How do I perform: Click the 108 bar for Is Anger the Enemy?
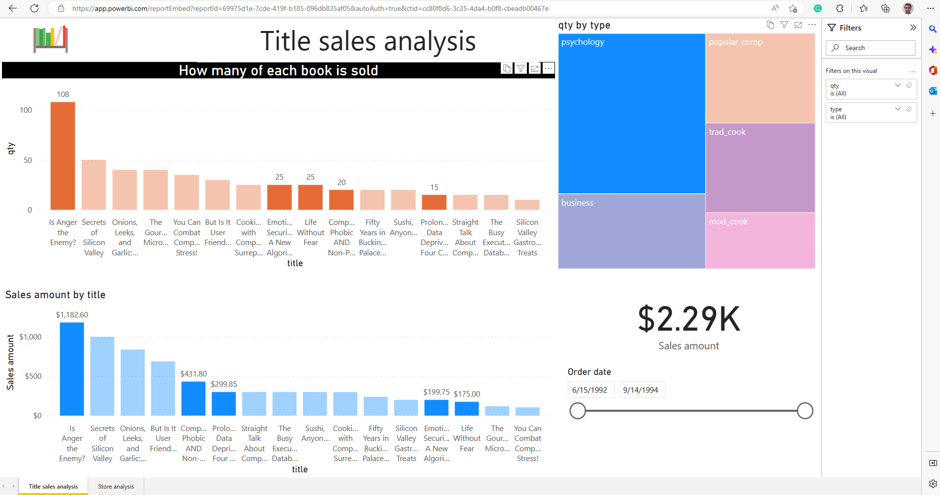click(63, 156)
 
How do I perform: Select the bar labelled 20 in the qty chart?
click(341, 200)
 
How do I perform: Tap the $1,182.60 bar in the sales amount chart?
click(72, 369)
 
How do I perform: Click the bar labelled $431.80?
click(194, 399)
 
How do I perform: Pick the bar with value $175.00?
click(467, 408)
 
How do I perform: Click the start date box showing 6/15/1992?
click(590, 390)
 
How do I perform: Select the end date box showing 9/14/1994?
click(641, 390)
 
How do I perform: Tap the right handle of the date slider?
click(805, 411)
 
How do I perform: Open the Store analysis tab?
click(116, 487)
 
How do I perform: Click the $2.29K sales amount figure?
click(688, 319)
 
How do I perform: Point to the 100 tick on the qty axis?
click(26, 110)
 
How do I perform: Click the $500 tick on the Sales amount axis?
click(33, 376)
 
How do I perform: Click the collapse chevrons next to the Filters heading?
click(913, 28)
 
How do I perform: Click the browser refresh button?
click(34, 8)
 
